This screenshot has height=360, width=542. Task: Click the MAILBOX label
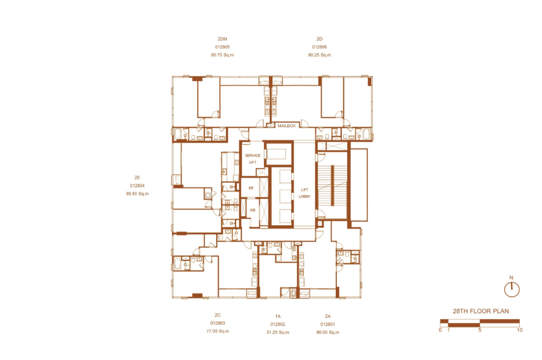(287, 126)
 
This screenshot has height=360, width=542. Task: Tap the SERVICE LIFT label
(252, 159)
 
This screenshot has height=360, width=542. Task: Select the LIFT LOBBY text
(305, 193)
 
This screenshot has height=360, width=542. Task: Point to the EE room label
(251, 188)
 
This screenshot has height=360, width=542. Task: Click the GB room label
(252, 210)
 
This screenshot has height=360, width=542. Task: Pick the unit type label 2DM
(222, 39)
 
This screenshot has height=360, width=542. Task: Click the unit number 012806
(319, 47)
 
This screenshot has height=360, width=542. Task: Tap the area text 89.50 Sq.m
(137, 194)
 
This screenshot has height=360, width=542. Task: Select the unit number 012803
(218, 323)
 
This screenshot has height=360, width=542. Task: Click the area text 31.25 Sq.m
(278, 332)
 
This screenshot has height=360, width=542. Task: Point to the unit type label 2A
(328, 316)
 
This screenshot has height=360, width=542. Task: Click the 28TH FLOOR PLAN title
(481, 311)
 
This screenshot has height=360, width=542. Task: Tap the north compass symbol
(512, 289)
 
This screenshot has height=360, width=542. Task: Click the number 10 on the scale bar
(520, 330)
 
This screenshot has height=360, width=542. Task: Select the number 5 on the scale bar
(480, 330)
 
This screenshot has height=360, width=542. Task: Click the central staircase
(332, 185)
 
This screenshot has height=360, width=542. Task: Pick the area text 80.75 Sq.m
(222, 55)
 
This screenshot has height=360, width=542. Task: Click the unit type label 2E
(137, 178)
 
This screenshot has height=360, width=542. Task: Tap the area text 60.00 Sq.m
(328, 332)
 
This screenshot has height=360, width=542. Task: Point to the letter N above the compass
(511, 277)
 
